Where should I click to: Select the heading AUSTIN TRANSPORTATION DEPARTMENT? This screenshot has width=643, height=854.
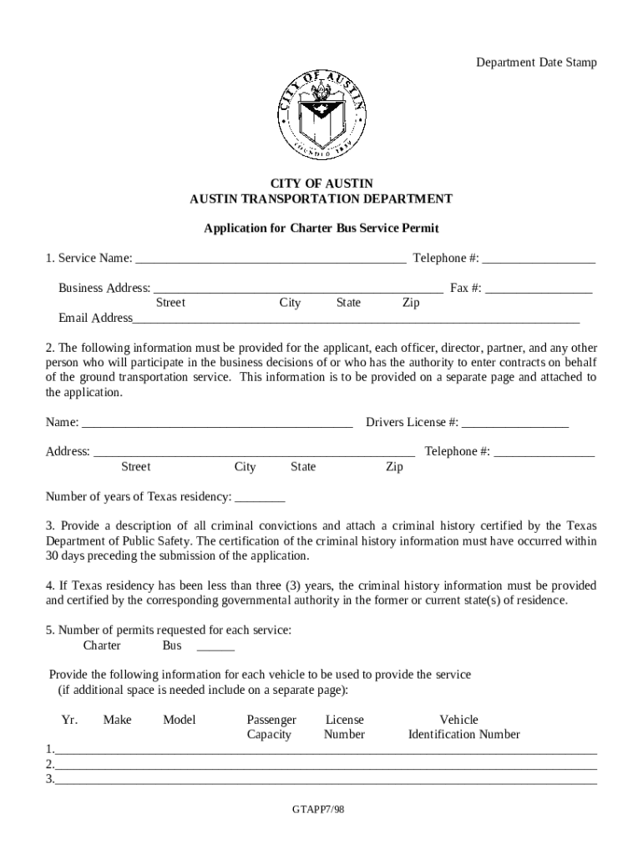(x=321, y=198)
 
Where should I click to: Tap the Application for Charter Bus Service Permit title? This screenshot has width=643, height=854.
(x=321, y=228)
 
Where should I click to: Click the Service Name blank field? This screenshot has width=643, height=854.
(x=271, y=259)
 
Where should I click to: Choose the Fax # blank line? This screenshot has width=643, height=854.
(x=539, y=289)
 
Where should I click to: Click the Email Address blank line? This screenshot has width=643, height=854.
(x=356, y=319)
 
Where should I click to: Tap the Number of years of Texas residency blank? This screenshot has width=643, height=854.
(x=261, y=498)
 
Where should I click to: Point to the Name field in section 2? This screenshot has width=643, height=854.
(x=217, y=423)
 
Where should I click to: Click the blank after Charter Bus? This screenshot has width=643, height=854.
(x=215, y=646)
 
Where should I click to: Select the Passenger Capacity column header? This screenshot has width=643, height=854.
(x=271, y=727)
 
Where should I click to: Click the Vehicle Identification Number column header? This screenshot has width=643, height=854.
(x=463, y=727)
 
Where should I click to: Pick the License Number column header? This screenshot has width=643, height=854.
(x=344, y=727)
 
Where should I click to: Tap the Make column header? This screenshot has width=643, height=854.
(x=117, y=720)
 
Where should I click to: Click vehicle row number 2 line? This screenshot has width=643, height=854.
(x=326, y=766)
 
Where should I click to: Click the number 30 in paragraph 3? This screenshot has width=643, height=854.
(x=53, y=555)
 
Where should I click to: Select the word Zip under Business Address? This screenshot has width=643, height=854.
(x=411, y=303)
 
